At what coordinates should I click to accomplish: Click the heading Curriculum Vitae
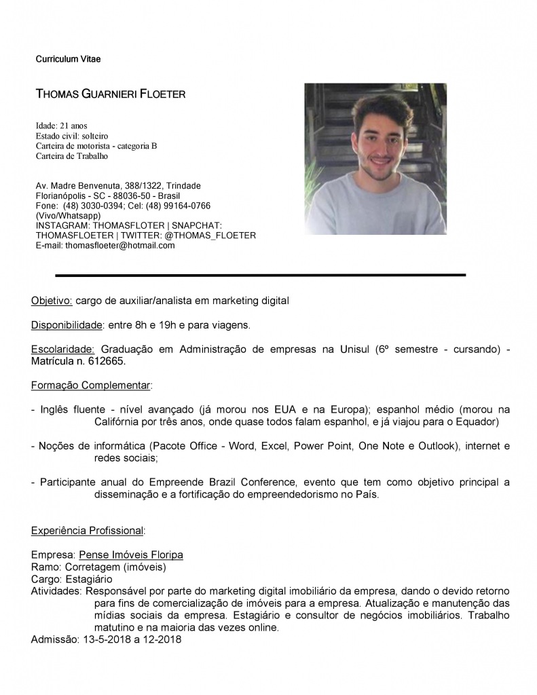coord(68,60)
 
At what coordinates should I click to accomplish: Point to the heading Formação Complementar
coord(91,386)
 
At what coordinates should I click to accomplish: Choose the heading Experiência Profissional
coord(88,530)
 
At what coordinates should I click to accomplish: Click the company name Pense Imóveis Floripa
coord(131,555)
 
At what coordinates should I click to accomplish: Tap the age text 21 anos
coord(74,126)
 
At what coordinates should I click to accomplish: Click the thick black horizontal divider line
coord(260,275)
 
